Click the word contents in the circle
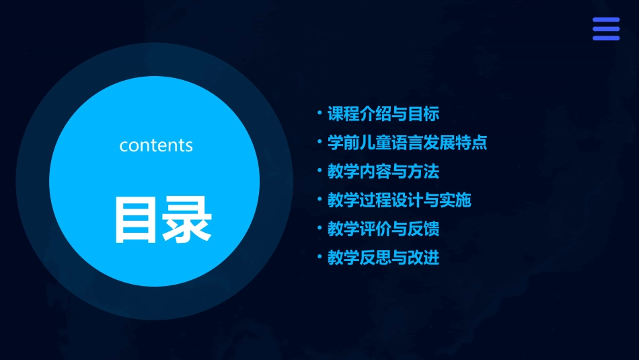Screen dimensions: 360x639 [x=156, y=145]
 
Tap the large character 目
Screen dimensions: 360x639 [x=135, y=219]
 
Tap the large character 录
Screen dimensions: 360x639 [x=186, y=219]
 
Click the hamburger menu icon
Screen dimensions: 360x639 [x=605, y=29]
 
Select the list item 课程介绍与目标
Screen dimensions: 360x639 [x=383, y=114]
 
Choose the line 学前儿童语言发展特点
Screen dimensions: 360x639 [x=406, y=143]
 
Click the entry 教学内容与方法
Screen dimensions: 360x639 [x=383, y=172]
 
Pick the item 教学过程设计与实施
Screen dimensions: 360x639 [x=399, y=200]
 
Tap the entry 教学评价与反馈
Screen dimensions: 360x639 [x=383, y=229]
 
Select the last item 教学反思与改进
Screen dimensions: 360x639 [x=383, y=258]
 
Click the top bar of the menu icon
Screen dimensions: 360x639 [x=605, y=20]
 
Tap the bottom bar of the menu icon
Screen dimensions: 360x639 [x=605, y=38]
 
